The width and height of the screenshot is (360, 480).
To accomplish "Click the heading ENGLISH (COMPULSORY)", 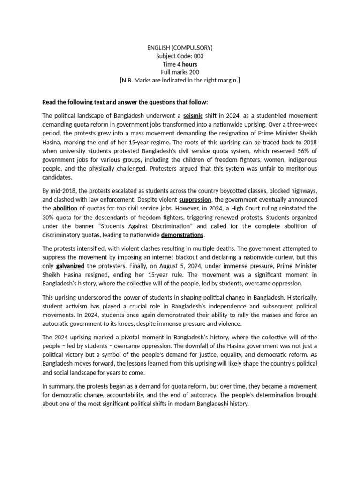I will click(x=180, y=47).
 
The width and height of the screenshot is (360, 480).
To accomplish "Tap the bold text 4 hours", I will click(x=187, y=64).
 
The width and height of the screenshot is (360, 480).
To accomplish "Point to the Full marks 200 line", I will click(x=180, y=72).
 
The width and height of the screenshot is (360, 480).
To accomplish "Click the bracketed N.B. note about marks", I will click(x=180, y=81).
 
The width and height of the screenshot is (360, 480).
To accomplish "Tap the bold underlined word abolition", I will click(x=66, y=208).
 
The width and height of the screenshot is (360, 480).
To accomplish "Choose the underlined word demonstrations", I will click(x=182, y=234).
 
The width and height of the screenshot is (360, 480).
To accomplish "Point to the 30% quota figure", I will click(x=49, y=217).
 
